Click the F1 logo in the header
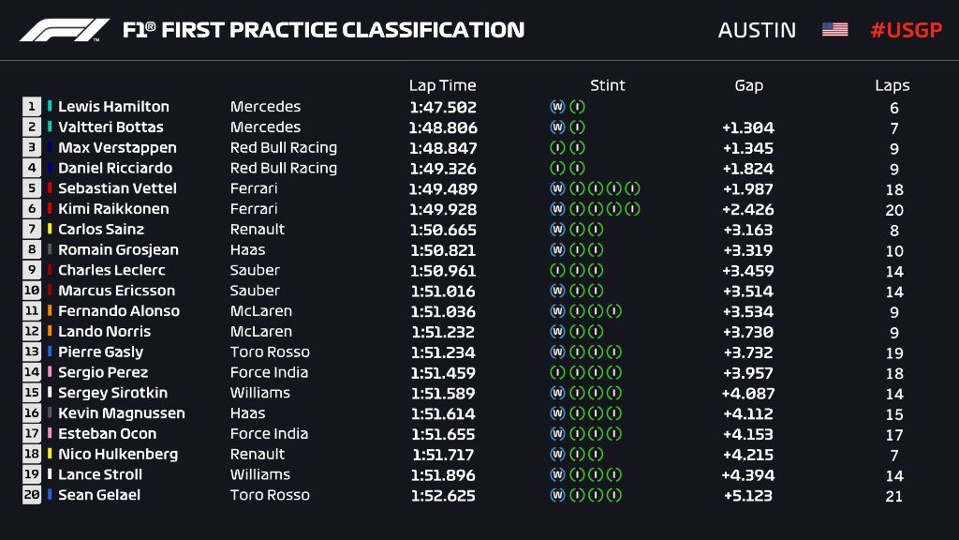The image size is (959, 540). [65, 30]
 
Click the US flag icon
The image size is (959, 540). [834, 30]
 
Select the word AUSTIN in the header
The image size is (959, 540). [757, 30]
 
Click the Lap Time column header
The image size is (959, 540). [442, 85]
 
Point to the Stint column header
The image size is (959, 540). [607, 85]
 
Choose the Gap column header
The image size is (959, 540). [748, 85]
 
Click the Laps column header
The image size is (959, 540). [893, 85]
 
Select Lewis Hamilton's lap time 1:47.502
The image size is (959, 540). [442, 108]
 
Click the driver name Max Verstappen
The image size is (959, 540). [116, 148]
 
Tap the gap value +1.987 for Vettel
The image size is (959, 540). [748, 189]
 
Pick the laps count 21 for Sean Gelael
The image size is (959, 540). [893, 496]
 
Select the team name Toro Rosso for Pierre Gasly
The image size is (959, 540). [270, 352]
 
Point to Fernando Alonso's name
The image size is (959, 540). [118, 311]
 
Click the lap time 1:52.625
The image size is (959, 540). [442, 496]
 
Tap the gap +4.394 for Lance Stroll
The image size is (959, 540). [747, 475]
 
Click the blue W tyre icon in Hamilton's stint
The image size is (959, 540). [557, 107]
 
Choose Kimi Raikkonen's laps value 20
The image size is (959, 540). [893, 210]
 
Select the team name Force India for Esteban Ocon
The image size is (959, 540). [269, 434]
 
